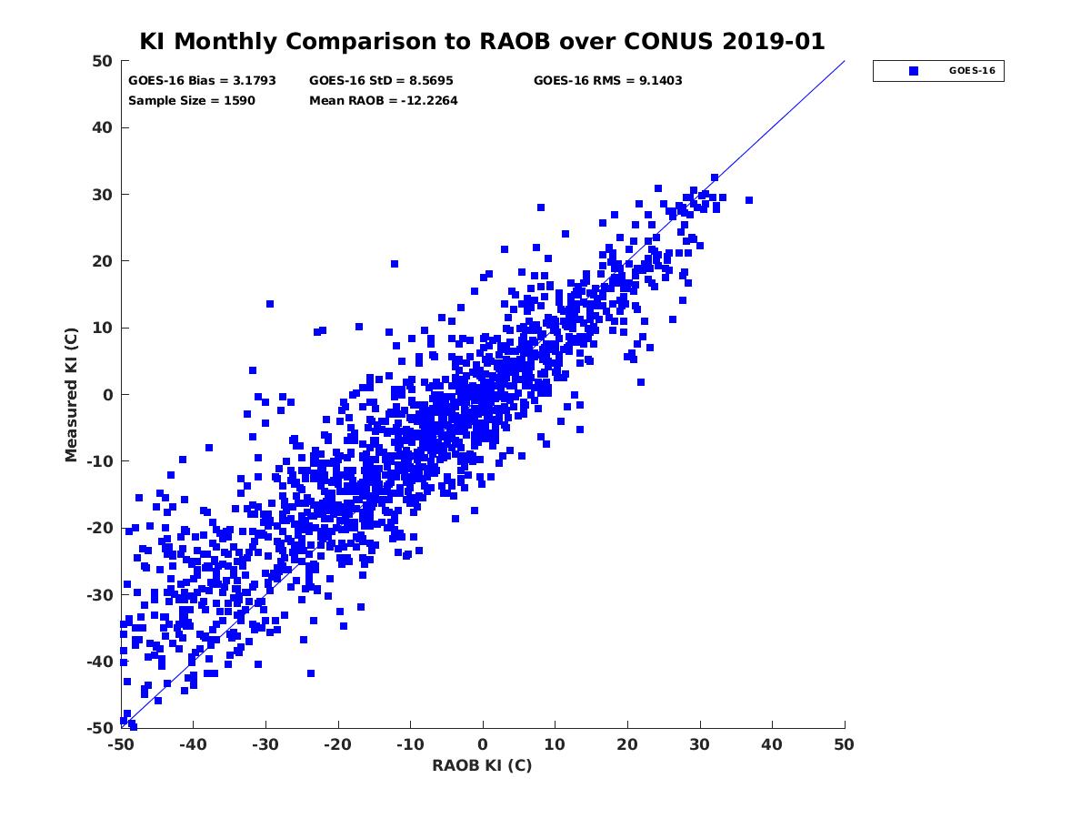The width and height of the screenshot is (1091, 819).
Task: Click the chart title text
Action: point(482,41)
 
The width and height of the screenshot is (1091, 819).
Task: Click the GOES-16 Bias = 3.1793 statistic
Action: point(202,80)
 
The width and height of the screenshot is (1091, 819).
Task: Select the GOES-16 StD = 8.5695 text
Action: point(381,80)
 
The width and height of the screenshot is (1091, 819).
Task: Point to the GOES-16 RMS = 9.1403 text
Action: point(607,80)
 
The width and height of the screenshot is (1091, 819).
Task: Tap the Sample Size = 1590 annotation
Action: point(192,100)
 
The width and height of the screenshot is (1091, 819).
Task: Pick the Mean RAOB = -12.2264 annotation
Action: point(383,100)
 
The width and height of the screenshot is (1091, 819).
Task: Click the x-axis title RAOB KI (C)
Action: point(482,765)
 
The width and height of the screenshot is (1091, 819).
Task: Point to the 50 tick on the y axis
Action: point(102,61)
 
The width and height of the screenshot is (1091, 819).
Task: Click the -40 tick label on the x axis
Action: point(192,744)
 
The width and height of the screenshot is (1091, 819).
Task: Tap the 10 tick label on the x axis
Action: point(555,744)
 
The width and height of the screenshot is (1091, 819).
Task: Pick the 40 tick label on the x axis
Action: point(772,744)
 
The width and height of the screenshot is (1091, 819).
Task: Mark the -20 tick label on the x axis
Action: point(337,744)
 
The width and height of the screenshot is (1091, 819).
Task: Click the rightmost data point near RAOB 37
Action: point(749,200)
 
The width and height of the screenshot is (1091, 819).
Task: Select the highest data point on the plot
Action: point(715,177)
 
